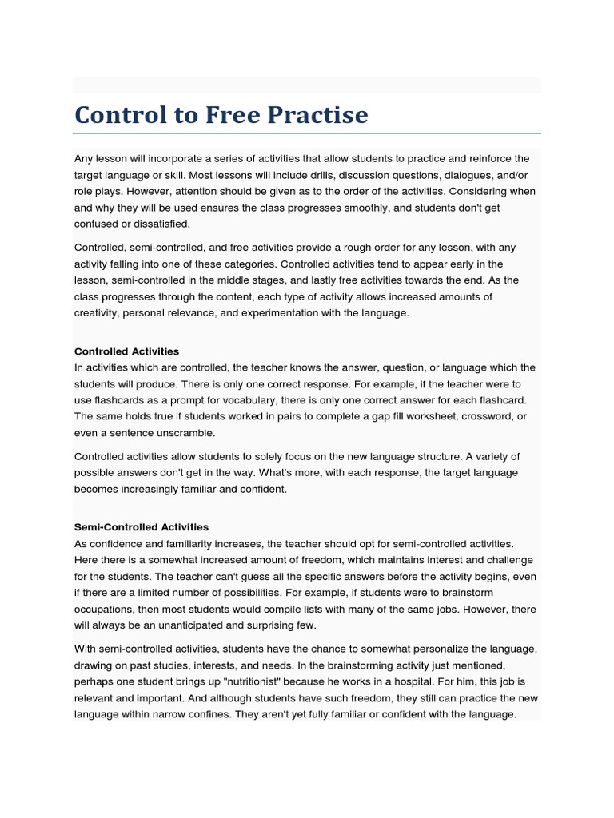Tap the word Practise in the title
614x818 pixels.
(x=319, y=115)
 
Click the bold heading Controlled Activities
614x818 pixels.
(x=126, y=351)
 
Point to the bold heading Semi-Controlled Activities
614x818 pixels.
(x=142, y=527)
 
